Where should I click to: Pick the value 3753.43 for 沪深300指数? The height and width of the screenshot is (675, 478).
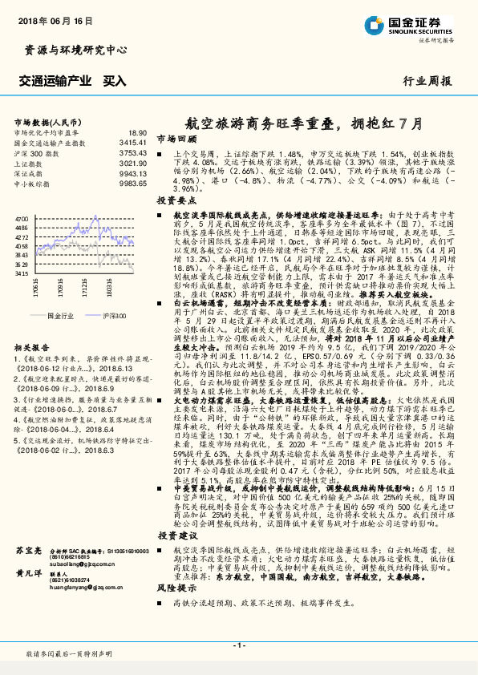133,152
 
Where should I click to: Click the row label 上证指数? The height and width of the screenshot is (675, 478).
30,163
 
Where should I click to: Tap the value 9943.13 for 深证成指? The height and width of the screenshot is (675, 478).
133,173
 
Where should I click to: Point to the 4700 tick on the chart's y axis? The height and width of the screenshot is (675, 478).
22,218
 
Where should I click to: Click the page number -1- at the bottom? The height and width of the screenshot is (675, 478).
238,645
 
